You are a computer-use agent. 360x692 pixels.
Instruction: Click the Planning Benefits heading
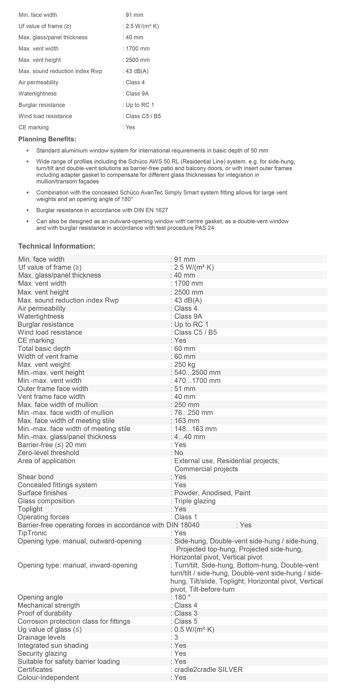(x=47, y=139)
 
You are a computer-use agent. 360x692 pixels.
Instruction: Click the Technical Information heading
(x=57, y=246)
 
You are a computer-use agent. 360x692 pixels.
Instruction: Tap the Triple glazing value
(x=195, y=501)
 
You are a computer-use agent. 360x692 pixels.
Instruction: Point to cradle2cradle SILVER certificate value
(x=208, y=669)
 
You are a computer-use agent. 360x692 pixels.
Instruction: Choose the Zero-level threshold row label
(x=48, y=453)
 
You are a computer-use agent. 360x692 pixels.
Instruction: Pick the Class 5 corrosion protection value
(x=186, y=621)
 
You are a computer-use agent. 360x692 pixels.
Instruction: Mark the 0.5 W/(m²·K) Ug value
(x=194, y=629)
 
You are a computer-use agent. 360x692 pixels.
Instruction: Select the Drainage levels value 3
(x=176, y=637)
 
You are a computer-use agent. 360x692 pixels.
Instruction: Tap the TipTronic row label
(x=32, y=533)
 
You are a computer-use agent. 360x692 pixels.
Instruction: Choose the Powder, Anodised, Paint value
(x=212, y=493)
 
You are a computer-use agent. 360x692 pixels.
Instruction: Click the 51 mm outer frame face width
(x=184, y=388)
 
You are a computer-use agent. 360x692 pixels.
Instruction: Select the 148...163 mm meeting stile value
(x=195, y=429)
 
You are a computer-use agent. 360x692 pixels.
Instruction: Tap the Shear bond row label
(x=35, y=477)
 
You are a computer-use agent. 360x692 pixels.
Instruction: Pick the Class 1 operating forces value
(x=186, y=517)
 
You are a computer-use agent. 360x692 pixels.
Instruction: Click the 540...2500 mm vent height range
(x=197, y=373)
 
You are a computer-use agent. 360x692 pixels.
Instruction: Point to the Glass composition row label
(x=46, y=501)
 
